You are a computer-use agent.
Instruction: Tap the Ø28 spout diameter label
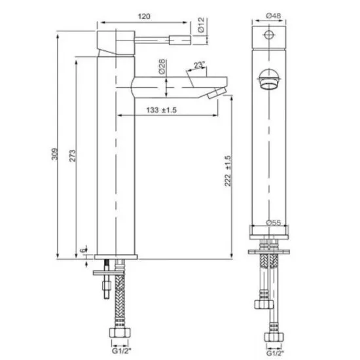[x=161, y=65]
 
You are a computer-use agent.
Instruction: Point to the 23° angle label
[x=198, y=65]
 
